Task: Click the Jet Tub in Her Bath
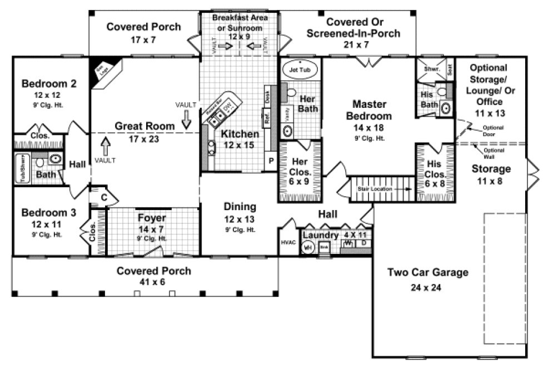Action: point(301,71)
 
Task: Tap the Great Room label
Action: point(145,126)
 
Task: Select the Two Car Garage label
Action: point(427,272)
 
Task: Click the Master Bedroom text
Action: point(368,111)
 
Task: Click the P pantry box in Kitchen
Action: point(272,160)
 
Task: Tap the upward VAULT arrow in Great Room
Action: point(105,147)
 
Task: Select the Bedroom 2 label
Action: point(49,84)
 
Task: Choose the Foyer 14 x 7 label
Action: point(152,218)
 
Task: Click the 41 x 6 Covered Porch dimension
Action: point(154,282)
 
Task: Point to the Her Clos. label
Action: point(300,165)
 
